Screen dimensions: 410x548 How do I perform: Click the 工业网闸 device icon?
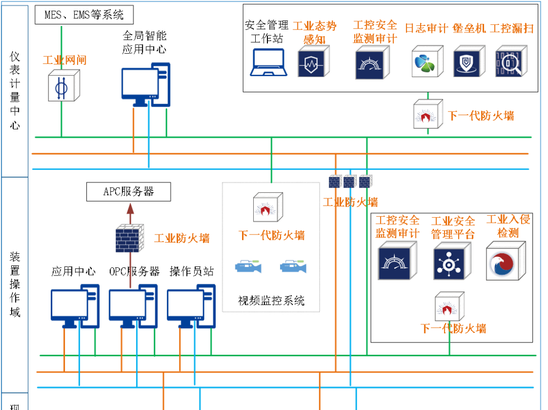[x=63, y=85]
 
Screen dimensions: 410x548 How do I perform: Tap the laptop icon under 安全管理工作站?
[x=268, y=62]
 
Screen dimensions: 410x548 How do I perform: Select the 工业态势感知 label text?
[x=315, y=32]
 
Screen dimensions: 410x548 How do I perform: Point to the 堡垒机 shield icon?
[x=469, y=61]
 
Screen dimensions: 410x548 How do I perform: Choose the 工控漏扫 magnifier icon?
[x=511, y=61]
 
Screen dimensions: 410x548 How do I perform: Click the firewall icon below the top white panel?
[x=428, y=114]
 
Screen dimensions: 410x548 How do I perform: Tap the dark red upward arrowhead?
[x=130, y=209]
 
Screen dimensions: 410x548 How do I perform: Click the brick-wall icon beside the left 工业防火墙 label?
[x=129, y=238]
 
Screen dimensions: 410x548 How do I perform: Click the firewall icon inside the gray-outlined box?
[x=268, y=207]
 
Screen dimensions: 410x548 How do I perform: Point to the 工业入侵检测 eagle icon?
[x=505, y=261]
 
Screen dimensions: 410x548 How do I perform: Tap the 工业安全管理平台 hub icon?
[x=452, y=261]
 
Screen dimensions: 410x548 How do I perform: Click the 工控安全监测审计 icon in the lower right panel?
[x=397, y=261]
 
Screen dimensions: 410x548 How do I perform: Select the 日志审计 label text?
[x=426, y=28]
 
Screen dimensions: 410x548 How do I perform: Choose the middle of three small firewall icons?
[x=350, y=181]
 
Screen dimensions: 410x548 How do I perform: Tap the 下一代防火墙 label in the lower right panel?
[x=453, y=328]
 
